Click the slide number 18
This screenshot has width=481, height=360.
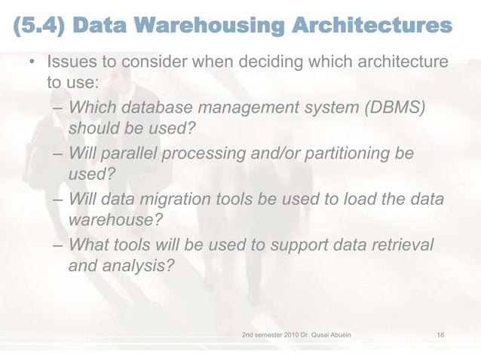point(440,331)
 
